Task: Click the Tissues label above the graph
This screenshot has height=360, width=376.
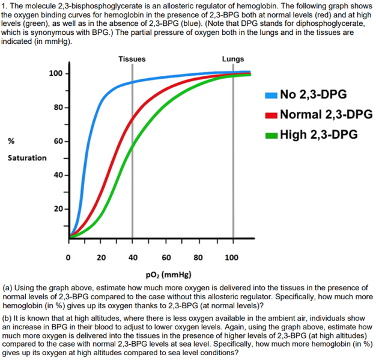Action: [132, 59]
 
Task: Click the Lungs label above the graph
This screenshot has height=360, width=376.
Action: [233, 59]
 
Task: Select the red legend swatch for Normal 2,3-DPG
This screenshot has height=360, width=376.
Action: [270, 115]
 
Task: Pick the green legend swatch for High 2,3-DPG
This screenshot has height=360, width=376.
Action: [270, 135]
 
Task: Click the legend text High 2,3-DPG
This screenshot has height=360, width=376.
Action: [318, 135]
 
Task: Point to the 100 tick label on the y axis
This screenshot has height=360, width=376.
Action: [55, 73]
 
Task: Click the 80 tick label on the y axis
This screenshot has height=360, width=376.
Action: [58, 107]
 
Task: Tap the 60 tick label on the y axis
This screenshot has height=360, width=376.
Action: [58, 141]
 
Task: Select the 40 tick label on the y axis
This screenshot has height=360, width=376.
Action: [58, 175]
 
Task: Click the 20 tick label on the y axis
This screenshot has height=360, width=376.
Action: [58, 209]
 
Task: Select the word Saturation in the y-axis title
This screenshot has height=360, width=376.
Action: [27, 158]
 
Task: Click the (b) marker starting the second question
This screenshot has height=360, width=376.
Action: [8, 314]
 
